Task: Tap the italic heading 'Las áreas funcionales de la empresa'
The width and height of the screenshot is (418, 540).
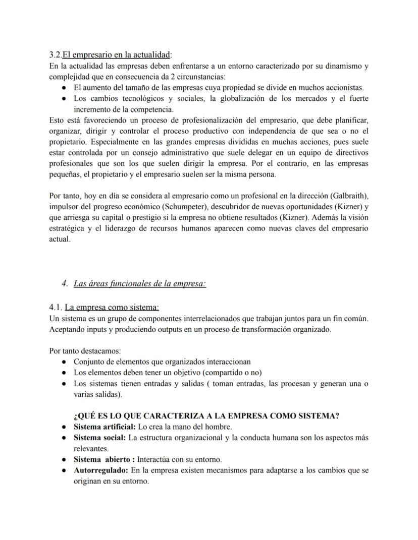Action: [139, 283]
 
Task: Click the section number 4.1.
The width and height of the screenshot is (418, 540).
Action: [56, 307]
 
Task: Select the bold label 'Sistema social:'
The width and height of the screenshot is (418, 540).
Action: [99, 437]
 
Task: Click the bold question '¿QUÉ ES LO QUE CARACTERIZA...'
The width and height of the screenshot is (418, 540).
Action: [206, 416]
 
